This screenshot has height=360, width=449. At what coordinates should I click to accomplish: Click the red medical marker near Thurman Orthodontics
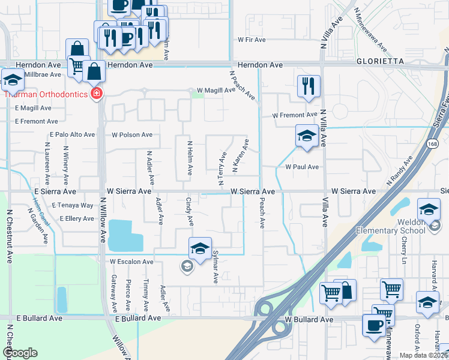[x=97, y=94]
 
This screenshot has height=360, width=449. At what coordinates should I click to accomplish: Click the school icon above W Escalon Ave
[x=200, y=247]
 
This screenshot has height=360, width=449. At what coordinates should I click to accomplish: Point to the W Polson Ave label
[x=131, y=135]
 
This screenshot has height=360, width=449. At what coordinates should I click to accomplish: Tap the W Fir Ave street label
[x=252, y=40]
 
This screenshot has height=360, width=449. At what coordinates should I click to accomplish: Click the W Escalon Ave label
[x=131, y=262]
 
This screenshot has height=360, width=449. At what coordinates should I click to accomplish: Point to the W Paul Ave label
[x=302, y=167]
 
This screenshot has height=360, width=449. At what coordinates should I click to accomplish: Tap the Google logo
[x=20, y=353]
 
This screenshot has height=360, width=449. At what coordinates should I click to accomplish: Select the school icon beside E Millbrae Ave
[x=11, y=79]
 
